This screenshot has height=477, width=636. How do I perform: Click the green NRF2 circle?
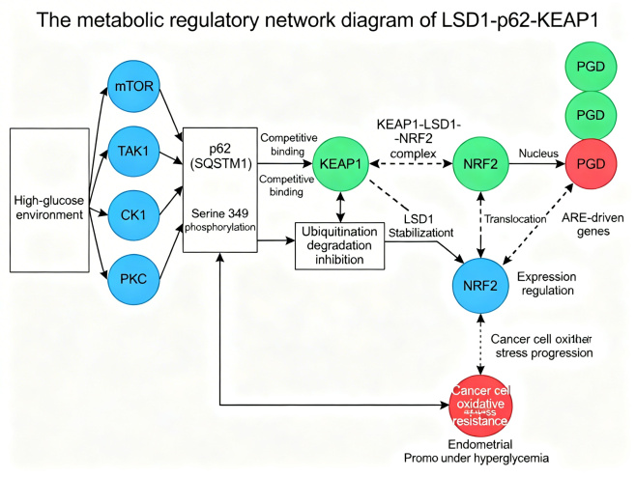point(481,164)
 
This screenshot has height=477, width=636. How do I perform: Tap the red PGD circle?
point(591,164)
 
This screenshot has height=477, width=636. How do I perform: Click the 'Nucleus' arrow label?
point(539,153)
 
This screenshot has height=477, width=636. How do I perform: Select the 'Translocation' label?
point(516,220)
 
